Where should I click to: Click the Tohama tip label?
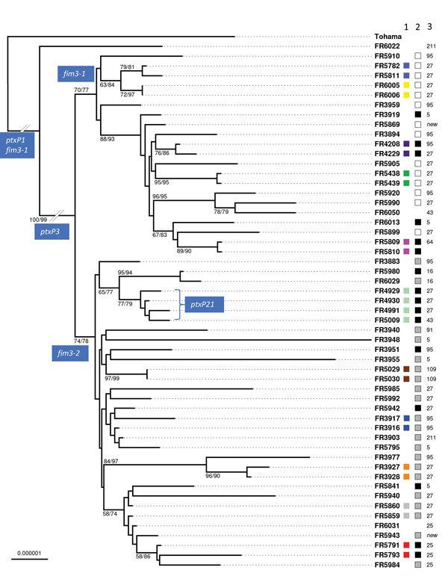pyautogui.click(x=388, y=37)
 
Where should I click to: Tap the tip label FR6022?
pyautogui.click(x=388, y=46)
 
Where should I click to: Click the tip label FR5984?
pyautogui.click(x=388, y=565)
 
